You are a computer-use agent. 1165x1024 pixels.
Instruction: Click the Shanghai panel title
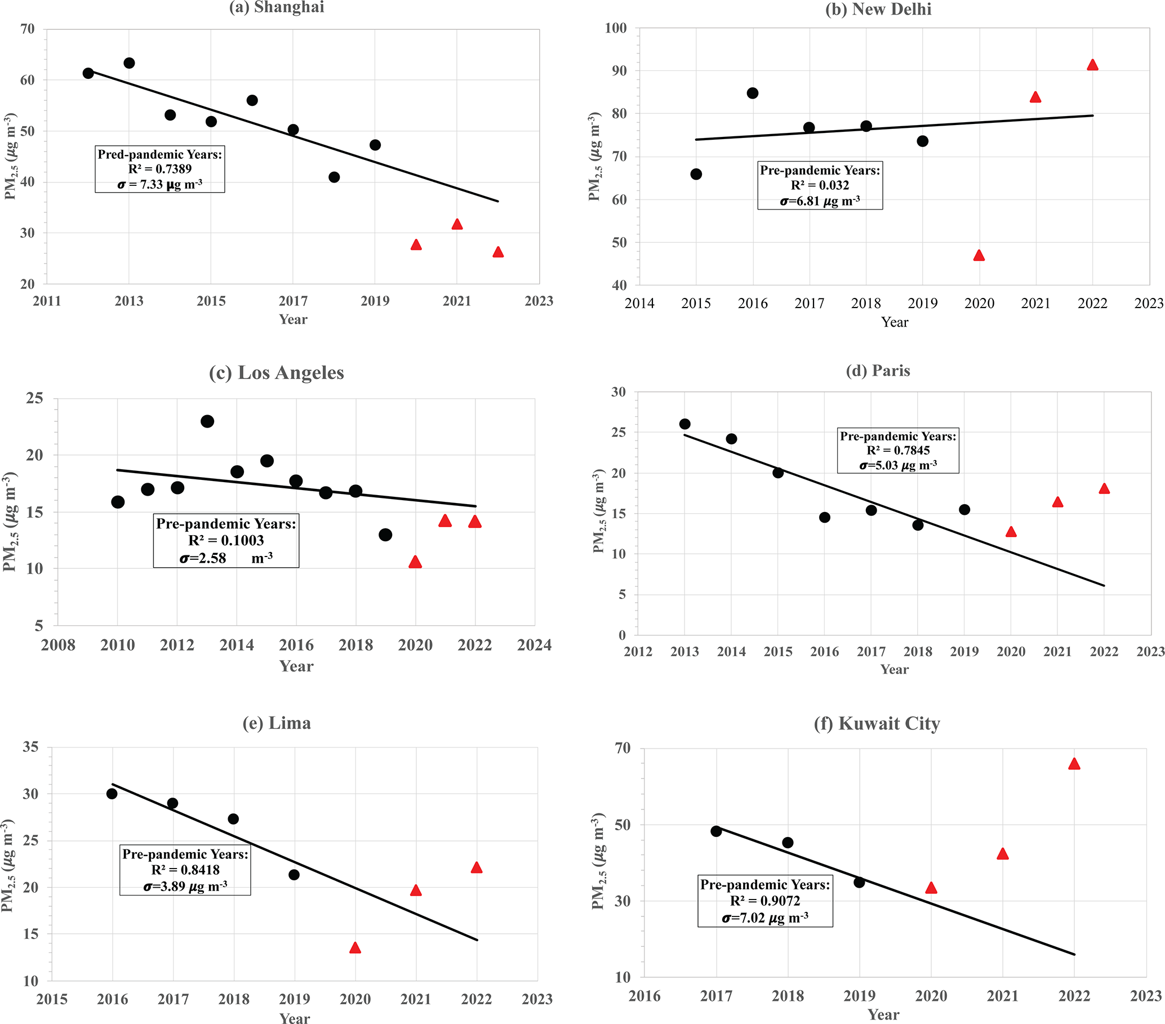click(x=277, y=7)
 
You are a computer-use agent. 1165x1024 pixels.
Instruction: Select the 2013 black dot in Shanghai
click(x=130, y=63)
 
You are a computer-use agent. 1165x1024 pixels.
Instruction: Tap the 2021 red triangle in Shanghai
click(x=456, y=225)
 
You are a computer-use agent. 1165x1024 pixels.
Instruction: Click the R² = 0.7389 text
click(x=159, y=169)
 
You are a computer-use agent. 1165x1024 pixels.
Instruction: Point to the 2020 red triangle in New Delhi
click(x=979, y=256)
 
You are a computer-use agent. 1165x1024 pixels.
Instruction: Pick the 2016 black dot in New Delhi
click(x=752, y=93)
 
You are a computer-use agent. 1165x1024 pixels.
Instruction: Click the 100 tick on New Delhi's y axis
click(x=616, y=28)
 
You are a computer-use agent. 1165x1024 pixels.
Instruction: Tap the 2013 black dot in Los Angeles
click(x=207, y=421)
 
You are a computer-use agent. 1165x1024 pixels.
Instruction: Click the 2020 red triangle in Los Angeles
click(x=415, y=563)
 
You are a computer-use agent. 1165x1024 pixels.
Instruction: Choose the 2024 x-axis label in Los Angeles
click(x=534, y=645)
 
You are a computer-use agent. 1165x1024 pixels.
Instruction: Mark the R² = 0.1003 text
click(x=226, y=540)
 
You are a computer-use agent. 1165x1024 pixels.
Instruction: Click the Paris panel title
click(x=878, y=371)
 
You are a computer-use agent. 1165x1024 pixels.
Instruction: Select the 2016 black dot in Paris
click(x=825, y=518)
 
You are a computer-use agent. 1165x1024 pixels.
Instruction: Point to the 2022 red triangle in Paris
click(x=1104, y=489)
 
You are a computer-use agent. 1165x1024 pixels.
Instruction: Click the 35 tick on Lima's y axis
click(x=31, y=746)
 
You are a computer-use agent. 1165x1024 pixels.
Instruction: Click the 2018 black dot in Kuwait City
click(x=788, y=842)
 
